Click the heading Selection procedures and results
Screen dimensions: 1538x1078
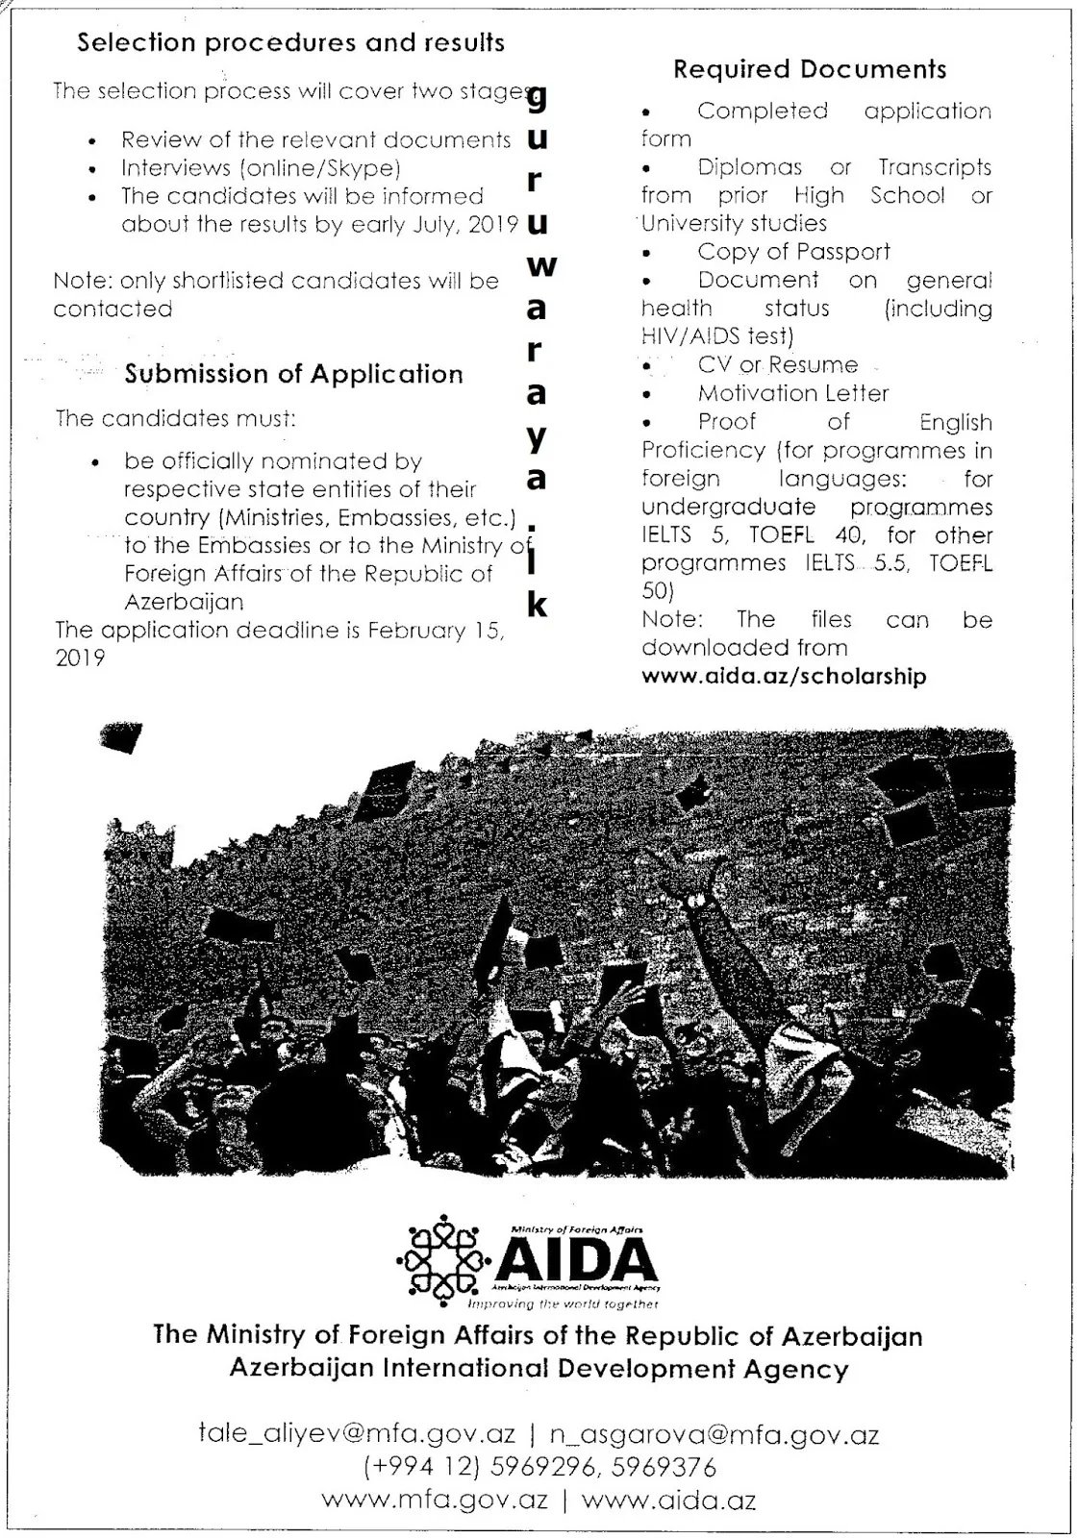click(290, 42)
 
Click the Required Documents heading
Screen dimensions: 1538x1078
click(810, 69)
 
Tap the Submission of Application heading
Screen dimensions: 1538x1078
click(293, 374)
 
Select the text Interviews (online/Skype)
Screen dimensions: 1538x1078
click(261, 168)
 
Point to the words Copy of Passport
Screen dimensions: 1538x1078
click(793, 252)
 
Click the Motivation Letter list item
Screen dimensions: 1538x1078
click(793, 393)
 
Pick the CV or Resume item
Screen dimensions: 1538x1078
click(777, 365)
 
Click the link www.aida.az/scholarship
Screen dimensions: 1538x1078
click(784, 676)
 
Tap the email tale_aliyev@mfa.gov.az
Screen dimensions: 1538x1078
click(357, 1434)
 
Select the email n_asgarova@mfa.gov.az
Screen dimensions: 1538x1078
click(714, 1434)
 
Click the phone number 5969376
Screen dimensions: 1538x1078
click(664, 1468)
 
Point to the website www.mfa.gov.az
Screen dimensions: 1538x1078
click(435, 1500)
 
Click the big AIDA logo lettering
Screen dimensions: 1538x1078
click(576, 1259)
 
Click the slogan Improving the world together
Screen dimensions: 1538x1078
click(563, 1304)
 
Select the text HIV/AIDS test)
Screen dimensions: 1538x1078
click(717, 336)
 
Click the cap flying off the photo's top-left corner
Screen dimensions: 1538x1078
click(122, 738)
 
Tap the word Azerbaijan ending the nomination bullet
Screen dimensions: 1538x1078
click(184, 603)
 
